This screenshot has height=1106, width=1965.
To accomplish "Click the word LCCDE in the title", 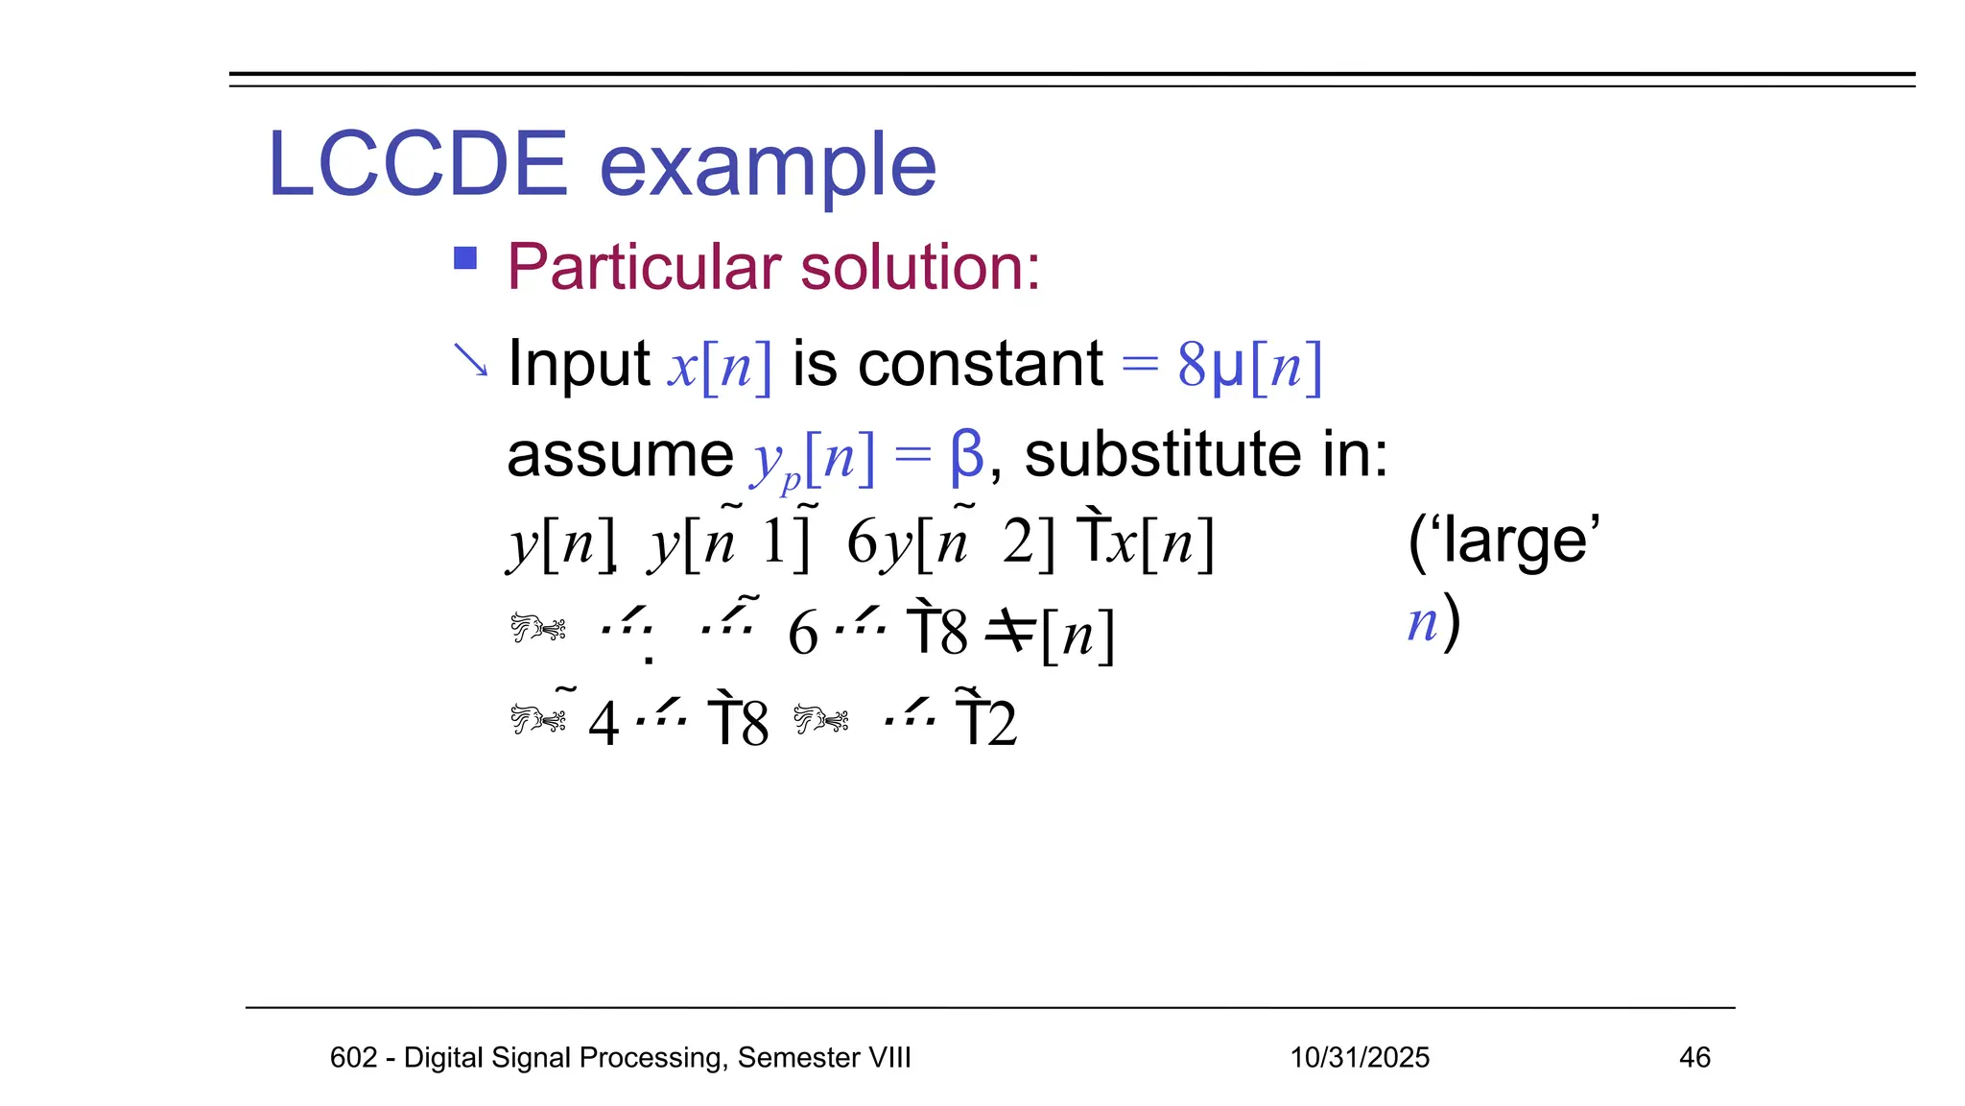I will click(x=417, y=164).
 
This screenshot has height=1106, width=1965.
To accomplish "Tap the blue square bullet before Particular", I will click(x=465, y=258).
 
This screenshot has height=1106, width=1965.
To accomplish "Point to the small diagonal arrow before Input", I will click(x=470, y=360).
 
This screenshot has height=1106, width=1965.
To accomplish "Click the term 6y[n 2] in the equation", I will click(x=949, y=542).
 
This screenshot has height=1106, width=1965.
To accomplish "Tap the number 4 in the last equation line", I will click(x=604, y=724).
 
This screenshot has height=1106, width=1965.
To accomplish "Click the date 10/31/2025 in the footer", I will click(x=1359, y=1057).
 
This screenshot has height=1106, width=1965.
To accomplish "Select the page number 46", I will click(x=1693, y=1057).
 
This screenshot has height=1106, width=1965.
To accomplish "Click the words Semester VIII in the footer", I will click(x=823, y=1057).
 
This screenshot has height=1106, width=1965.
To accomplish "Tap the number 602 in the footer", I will click(x=353, y=1057).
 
